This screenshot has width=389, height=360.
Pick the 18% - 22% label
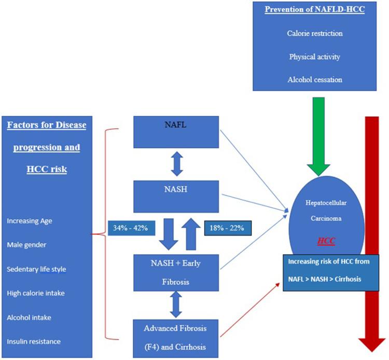point(228,227)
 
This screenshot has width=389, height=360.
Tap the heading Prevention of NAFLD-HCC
point(315,10)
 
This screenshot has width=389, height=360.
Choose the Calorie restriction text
point(315,33)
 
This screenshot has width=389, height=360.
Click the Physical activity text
point(315,57)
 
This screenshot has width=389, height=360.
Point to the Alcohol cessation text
point(315,79)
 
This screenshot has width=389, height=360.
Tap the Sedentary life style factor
point(36,269)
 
